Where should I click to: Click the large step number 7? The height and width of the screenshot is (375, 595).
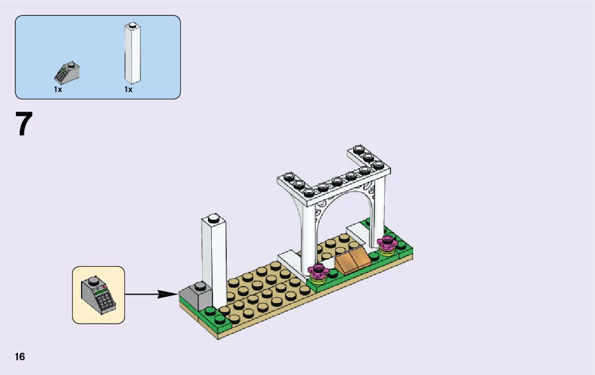coord(24,124)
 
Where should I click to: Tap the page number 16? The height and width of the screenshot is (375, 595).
coord(20,357)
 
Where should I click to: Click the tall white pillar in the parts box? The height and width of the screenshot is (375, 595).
coord(132,56)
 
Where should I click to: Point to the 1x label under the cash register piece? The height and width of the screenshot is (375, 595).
coord(58,89)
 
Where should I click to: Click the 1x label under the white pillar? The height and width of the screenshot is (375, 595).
coord(128,89)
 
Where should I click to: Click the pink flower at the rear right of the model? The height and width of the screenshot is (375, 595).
coord(386,244)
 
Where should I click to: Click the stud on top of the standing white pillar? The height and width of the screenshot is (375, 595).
coord(214,217)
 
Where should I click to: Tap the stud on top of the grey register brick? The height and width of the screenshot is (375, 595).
coord(201,286)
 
